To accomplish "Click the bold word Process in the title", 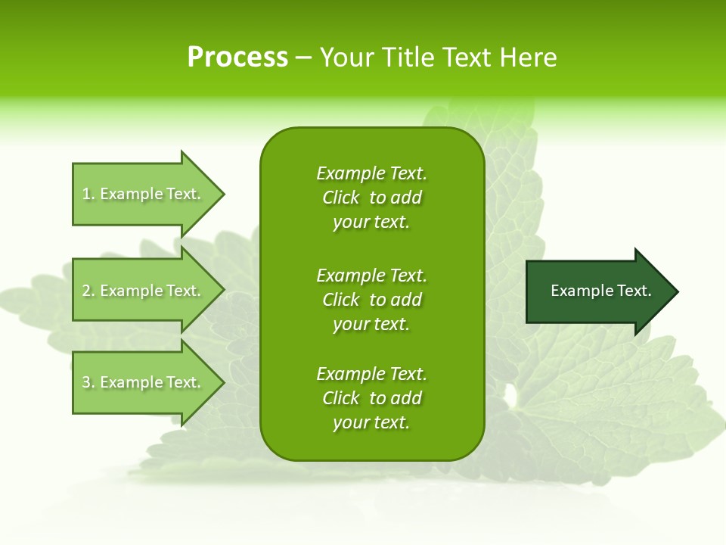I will coord(237,58).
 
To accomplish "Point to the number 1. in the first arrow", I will coord(88,194).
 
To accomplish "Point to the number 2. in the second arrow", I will coord(88,291).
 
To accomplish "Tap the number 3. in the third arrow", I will coord(88,382).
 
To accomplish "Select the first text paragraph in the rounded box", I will coord(371,198).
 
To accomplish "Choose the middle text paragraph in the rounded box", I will coord(371,300).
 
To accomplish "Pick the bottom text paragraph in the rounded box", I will coord(371,398).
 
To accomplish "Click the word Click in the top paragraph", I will coord(340,198).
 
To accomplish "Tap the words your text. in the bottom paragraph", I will coord(371,422).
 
